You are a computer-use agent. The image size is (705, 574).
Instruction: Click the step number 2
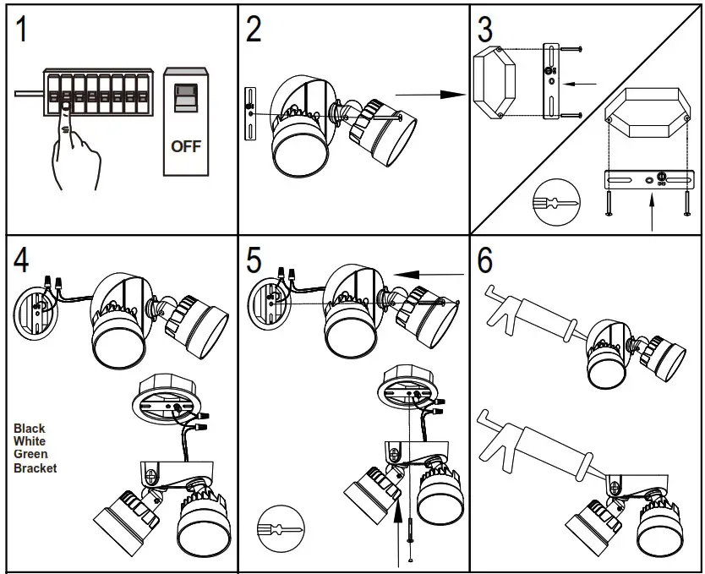[254, 30]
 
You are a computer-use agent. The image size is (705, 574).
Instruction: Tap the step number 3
[484, 30]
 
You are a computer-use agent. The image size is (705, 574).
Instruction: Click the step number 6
[485, 260]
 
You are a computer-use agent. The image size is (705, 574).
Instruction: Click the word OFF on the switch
[186, 146]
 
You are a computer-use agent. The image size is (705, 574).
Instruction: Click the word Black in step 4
[30, 429]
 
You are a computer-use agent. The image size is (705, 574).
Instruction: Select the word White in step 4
[30, 441]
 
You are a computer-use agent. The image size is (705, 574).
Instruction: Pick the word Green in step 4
[30, 454]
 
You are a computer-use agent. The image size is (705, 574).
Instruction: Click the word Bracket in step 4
[36, 467]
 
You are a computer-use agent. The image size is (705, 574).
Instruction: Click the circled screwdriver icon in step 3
[555, 204]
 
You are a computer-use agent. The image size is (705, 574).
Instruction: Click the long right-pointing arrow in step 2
[431, 96]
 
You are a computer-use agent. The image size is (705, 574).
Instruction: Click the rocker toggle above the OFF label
[185, 97]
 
